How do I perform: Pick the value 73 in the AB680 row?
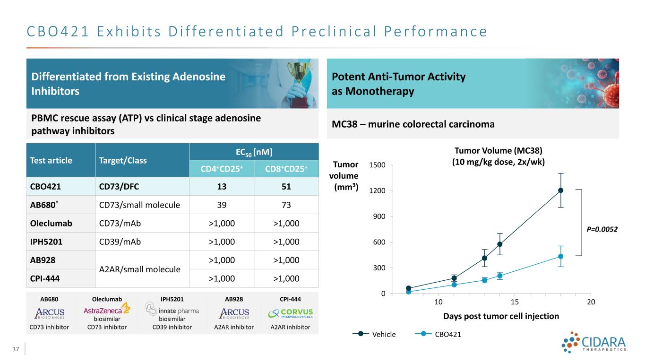284,205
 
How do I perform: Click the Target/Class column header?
120,160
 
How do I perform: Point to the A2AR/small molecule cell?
139,269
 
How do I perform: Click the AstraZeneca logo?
107,311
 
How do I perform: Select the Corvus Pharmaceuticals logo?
290,313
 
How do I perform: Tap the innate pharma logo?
172,311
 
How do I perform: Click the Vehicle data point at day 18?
560,190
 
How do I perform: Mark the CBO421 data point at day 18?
560,256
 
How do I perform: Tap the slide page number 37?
17,349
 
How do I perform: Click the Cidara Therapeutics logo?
594,343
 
